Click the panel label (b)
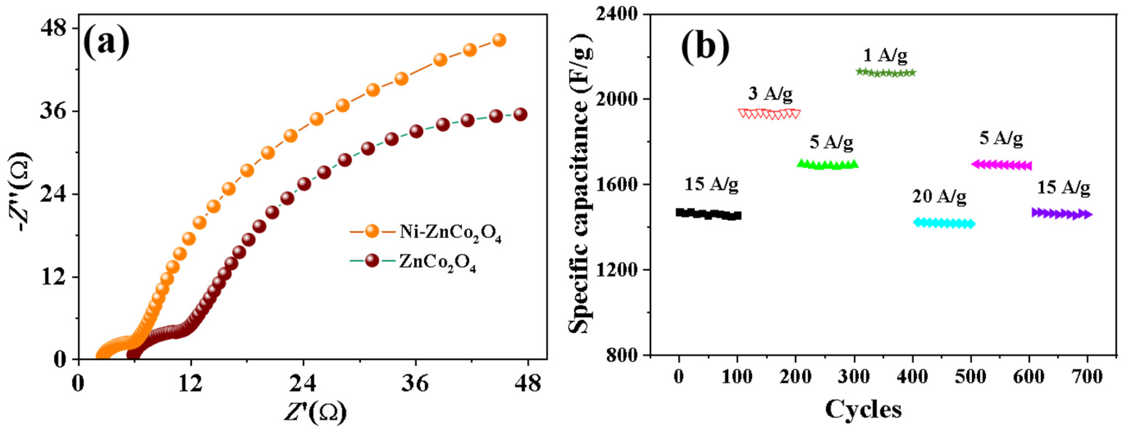[706, 43]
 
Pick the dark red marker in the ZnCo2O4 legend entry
[372, 261]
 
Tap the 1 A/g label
[885, 55]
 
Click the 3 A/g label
[771, 94]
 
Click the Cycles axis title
[863, 410]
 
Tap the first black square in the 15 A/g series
[680, 212]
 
